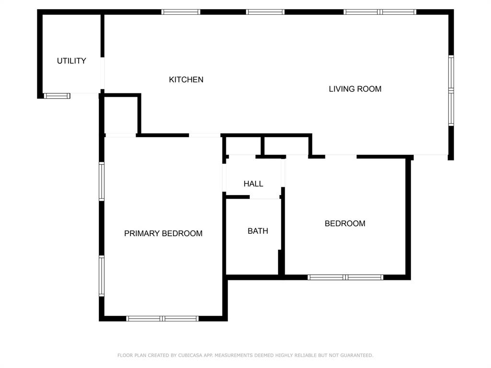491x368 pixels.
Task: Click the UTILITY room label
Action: tap(71, 61)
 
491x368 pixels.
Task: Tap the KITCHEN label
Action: tap(186, 80)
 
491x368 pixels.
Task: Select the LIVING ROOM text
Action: tap(355, 89)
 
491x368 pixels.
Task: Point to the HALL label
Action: tap(253, 184)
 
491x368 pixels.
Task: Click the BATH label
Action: tap(257, 231)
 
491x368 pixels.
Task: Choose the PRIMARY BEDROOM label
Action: tap(163, 233)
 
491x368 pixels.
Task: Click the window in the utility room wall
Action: tap(57, 96)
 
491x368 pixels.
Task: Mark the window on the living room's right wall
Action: tap(451, 91)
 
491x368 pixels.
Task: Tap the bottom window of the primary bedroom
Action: tap(162, 318)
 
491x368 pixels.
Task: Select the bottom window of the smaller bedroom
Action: tap(345, 277)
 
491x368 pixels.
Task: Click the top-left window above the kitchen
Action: tap(181, 12)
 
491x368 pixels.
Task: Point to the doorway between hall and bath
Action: tap(265, 196)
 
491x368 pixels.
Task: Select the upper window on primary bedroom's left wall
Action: tap(102, 181)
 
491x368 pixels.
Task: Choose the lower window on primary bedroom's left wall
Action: tap(102, 276)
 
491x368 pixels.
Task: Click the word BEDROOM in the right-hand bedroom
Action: tap(345, 223)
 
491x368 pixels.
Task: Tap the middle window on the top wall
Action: tap(265, 12)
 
